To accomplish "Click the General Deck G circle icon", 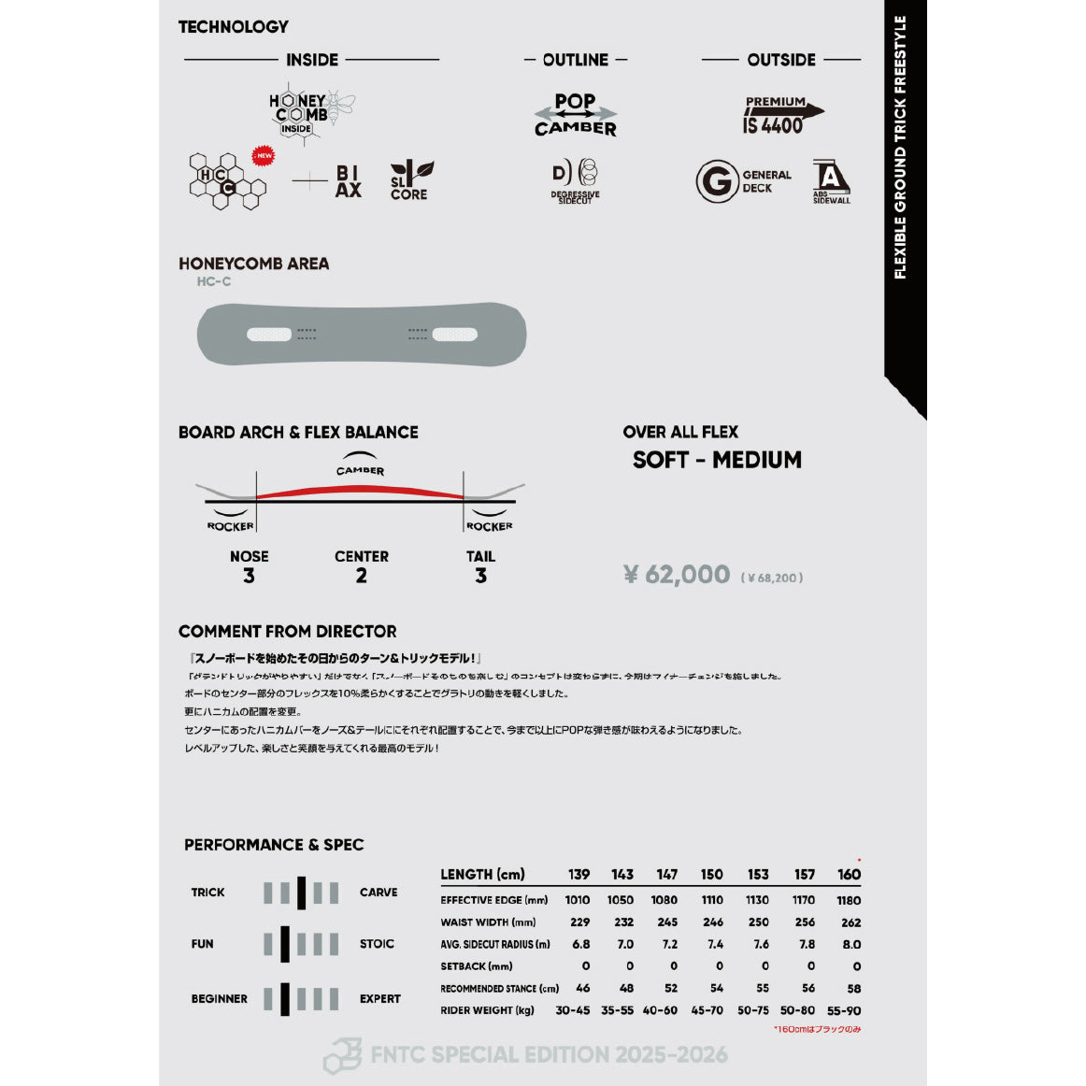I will (x=717, y=180).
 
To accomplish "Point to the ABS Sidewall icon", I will (x=830, y=179).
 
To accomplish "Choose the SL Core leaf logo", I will (x=410, y=180).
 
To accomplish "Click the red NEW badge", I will (x=264, y=156).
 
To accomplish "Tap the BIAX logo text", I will (x=348, y=181).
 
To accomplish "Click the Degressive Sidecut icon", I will (x=576, y=181).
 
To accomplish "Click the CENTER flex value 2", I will (x=361, y=576).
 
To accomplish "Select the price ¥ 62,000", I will (x=677, y=574).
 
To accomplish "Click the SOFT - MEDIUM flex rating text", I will (x=717, y=460).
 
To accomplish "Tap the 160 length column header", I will (x=849, y=875).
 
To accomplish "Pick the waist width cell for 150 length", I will (x=712, y=922).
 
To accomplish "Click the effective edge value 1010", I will (x=578, y=900).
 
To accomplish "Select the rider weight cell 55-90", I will (x=844, y=1010).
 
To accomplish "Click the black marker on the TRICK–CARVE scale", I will (x=301, y=893).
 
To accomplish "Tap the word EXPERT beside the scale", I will (x=380, y=998).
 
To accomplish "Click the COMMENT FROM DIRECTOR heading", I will (x=287, y=632).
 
